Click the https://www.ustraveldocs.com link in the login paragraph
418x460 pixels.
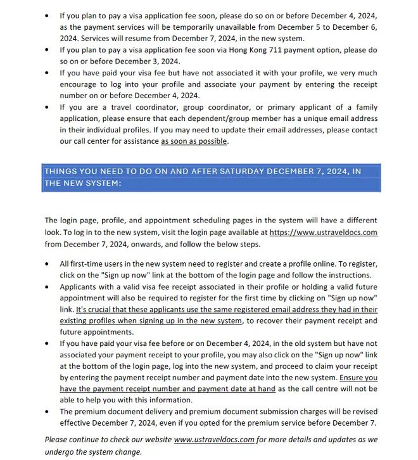[323, 233]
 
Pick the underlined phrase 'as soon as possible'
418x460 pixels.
[194, 141]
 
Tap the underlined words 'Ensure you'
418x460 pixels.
[358, 378]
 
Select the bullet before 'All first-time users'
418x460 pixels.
[47, 264]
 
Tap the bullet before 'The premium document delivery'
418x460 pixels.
[47, 412]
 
